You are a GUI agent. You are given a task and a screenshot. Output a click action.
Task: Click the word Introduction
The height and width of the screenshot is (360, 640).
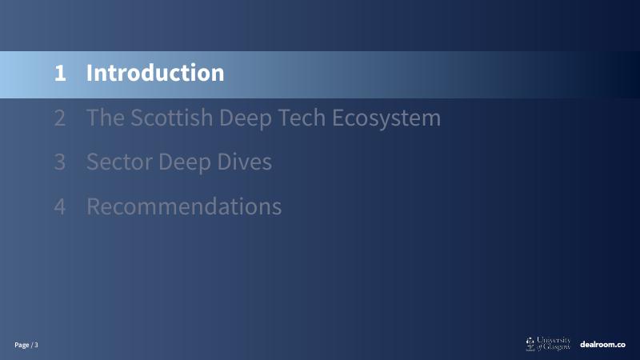[155, 73]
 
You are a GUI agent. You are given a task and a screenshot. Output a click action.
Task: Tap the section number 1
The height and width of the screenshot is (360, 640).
[60, 74]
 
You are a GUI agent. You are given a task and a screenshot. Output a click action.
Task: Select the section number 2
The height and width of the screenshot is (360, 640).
[60, 118]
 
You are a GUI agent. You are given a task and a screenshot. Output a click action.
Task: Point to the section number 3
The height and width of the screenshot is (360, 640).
[60, 162]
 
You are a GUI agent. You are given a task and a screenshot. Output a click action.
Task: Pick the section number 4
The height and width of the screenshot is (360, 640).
[60, 206]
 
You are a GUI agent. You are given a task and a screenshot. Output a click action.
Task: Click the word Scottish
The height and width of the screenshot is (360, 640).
[172, 118]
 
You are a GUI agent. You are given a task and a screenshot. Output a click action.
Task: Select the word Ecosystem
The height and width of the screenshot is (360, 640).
[386, 118]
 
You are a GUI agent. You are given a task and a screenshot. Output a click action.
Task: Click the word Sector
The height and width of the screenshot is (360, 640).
[119, 162]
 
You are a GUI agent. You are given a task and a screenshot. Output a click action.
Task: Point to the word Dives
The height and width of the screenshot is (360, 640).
[245, 162]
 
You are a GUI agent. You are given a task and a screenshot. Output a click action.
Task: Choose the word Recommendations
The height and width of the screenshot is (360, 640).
[184, 206]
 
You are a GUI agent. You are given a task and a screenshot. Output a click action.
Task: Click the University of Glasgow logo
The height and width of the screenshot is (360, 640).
[548, 344]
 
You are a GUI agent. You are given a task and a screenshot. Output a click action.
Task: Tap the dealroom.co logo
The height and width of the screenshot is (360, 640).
[602, 345]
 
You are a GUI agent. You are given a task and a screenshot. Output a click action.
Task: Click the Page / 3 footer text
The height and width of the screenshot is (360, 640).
[26, 345]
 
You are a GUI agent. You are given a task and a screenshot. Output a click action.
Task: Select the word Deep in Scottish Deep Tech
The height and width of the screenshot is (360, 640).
[246, 118]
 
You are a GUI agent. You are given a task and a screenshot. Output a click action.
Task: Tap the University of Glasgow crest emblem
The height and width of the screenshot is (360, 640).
[530, 344]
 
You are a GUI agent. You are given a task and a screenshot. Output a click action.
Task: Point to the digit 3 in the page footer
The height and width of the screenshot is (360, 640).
[36, 345]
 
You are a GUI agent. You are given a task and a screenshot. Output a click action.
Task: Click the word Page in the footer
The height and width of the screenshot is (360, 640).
[22, 346]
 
